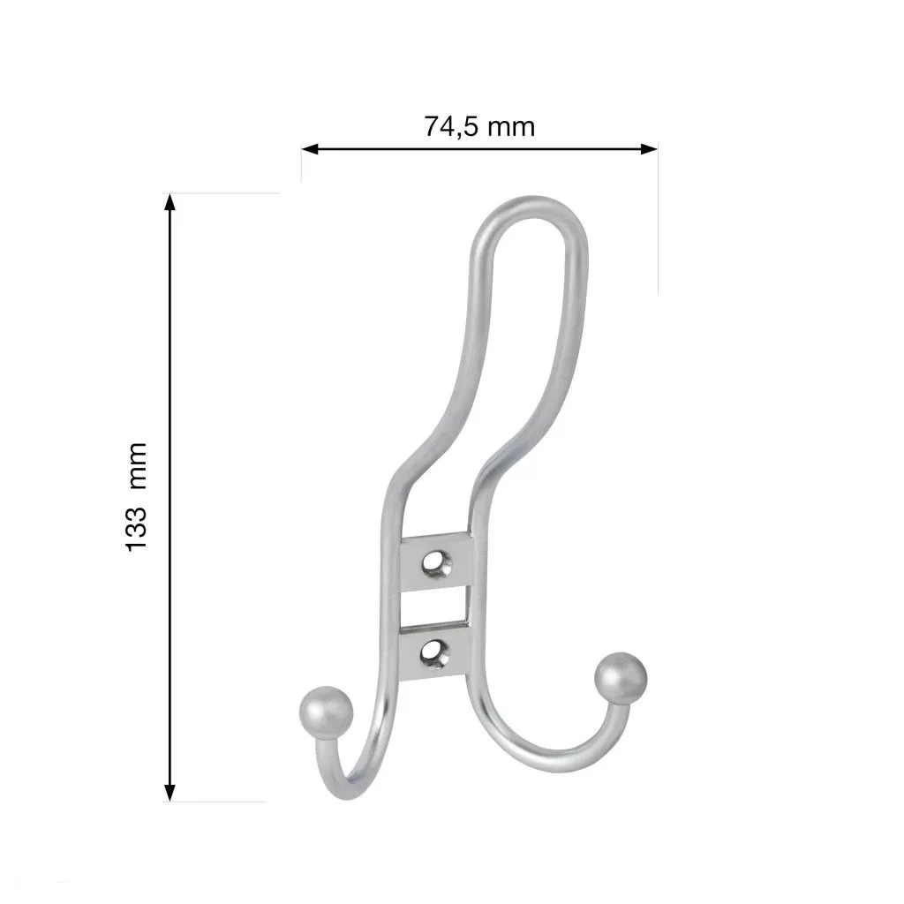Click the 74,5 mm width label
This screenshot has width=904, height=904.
pyautogui.click(x=479, y=126)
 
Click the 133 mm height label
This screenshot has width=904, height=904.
pyautogui.click(x=137, y=497)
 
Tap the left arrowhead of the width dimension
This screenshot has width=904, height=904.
pyautogui.click(x=310, y=149)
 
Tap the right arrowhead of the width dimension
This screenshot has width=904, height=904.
pyautogui.click(x=649, y=149)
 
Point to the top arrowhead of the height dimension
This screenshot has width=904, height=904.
pyautogui.click(x=169, y=202)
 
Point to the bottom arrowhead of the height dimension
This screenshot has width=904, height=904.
pyautogui.click(x=169, y=793)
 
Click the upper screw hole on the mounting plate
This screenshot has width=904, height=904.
pyautogui.click(x=436, y=562)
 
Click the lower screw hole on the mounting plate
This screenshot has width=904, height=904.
pyautogui.click(x=435, y=652)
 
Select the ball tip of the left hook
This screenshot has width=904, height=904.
pyautogui.click(x=326, y=712)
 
